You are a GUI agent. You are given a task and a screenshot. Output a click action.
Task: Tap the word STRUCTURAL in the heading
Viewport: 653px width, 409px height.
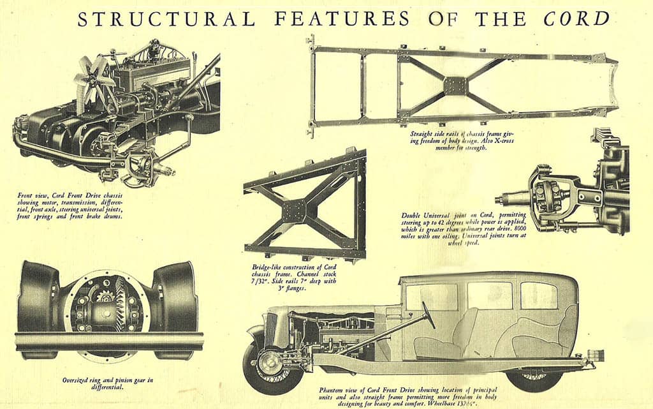(166, 19)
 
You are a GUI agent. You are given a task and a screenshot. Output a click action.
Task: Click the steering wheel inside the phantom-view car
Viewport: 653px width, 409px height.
(428, 315)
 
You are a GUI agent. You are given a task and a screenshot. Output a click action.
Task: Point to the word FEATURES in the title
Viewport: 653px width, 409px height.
(342, 19)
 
